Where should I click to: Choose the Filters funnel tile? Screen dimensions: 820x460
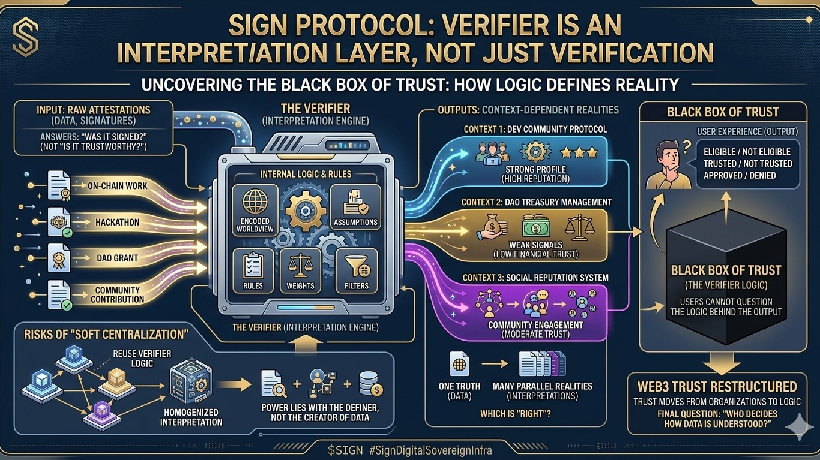click(356, 271)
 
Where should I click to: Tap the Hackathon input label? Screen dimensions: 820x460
click(118, 222)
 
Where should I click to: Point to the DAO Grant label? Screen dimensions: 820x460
click(118, 258)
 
